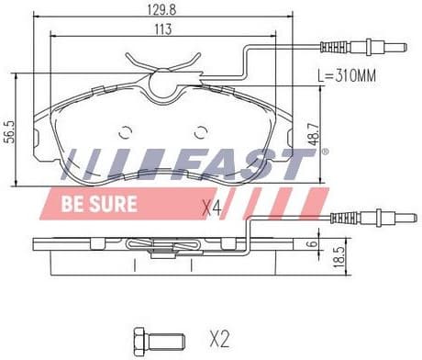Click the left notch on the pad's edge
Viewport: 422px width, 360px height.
click(x=36, y=141)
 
